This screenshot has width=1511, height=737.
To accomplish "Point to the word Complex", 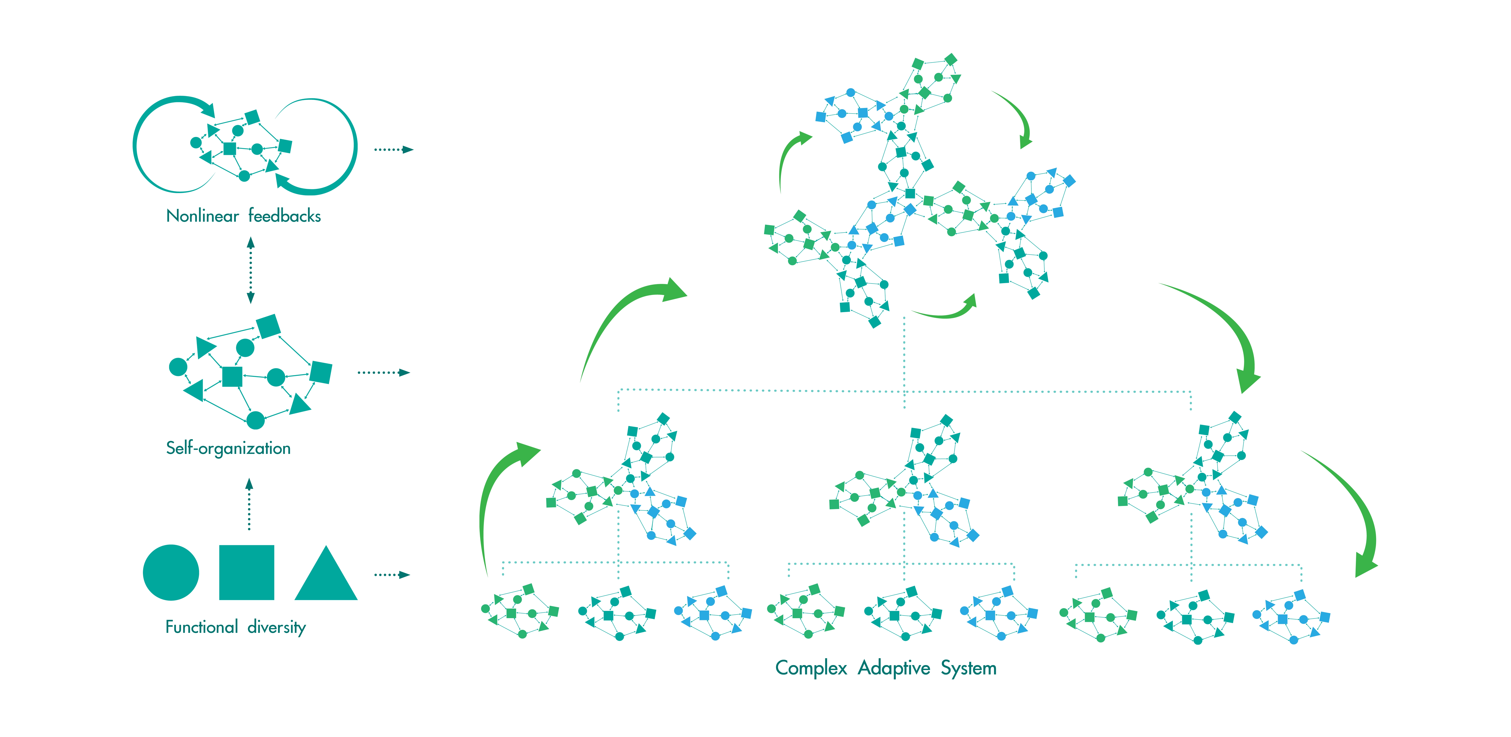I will point(811,668).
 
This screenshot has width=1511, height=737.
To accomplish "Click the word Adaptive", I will point(894,668).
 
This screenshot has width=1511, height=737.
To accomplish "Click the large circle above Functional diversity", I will point(171,573).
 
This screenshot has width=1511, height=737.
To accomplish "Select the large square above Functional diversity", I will point(246,573).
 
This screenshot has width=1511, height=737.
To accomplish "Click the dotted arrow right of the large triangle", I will point(392,575).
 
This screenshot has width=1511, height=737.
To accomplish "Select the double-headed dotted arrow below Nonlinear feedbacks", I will point(250,270).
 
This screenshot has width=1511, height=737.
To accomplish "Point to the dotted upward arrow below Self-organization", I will point(249,504).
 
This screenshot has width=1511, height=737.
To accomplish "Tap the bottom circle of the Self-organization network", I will point(255,420).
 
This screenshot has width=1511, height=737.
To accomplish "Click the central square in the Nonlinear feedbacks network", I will point(229,148).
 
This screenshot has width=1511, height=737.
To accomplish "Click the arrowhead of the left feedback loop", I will point(207,109).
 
